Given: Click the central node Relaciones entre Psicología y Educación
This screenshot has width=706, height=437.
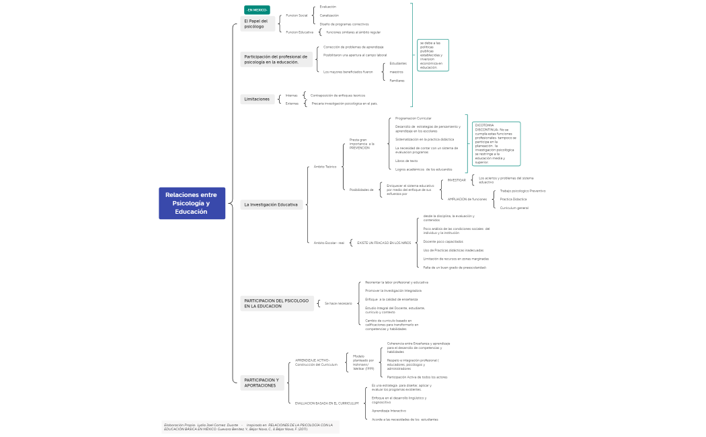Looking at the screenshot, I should pos(192,203).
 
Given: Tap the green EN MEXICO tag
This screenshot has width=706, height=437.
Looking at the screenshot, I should pos(257,10).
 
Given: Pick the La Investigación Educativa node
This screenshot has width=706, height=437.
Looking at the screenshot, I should pos(271,204).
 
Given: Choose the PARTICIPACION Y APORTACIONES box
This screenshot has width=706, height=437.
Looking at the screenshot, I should pos(262,383).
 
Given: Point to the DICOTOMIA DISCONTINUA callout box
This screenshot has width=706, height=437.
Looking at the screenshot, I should pos(496,143).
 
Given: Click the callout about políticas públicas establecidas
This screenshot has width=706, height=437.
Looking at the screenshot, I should pos(432,55).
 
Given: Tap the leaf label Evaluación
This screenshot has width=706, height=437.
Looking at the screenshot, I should pos(327,7).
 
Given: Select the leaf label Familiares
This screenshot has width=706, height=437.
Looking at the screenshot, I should pos(397,81).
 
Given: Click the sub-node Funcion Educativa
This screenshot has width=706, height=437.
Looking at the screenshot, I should pos(299,32).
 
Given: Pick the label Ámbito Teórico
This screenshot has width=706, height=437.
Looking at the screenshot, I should pos(325,166).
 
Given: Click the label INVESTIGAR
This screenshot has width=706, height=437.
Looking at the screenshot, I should pos(457,180).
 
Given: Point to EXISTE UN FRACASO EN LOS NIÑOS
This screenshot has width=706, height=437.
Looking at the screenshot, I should pos(384,242).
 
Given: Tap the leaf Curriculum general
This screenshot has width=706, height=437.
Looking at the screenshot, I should pos(514,208).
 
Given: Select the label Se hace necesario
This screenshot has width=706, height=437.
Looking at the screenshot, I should pos(338,303).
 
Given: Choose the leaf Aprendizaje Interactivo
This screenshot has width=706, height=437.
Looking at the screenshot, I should pos(389,410).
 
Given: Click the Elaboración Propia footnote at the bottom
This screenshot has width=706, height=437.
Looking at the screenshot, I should pos(249,427).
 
